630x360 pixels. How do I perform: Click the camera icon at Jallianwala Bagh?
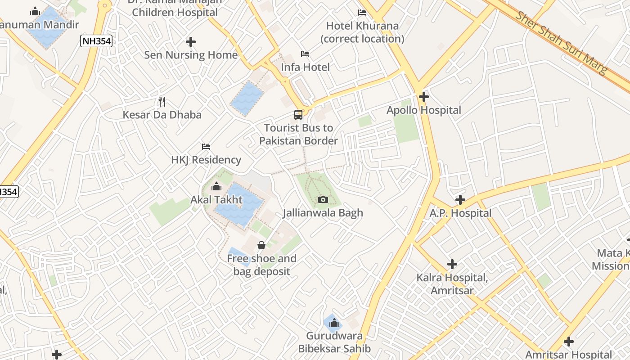coord(323,199)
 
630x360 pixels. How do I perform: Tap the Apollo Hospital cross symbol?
coord(423,96)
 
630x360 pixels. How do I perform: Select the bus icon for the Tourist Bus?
coord(298,114)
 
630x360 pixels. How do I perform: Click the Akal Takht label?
coord(216,199)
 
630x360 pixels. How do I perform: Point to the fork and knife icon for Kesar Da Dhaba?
coord(162,101)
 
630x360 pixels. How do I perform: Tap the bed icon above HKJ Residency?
coord(206,147)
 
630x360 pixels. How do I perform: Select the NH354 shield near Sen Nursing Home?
coord(96,41)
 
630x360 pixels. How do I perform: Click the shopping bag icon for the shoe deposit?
coord(261,245)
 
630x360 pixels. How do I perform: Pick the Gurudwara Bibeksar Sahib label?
coord(334,342)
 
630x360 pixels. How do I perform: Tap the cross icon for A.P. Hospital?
coord(460,199)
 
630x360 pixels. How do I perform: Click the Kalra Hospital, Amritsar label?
coord(452,284)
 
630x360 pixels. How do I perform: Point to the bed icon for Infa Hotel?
coord(305,54)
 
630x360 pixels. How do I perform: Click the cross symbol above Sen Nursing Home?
coord(190,42)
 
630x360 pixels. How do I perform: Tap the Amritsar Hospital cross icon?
coord(568,342)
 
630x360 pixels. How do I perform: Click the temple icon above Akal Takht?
coord(216,186)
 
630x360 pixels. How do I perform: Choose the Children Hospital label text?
coord(175,12)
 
